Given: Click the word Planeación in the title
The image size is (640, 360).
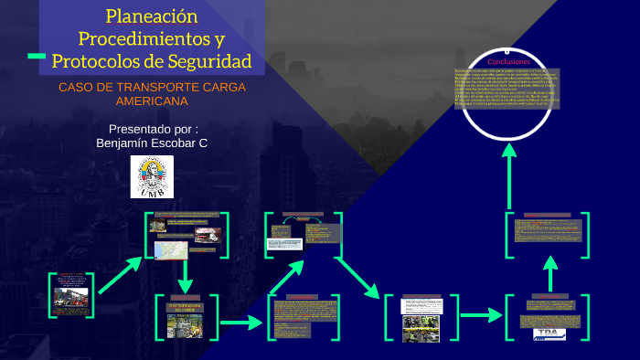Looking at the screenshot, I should [151, 16].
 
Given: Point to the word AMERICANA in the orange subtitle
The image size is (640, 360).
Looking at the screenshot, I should [151, 101].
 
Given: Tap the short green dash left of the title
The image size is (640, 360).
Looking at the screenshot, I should [37, 57].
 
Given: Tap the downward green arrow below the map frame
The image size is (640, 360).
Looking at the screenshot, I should [186, 274].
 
